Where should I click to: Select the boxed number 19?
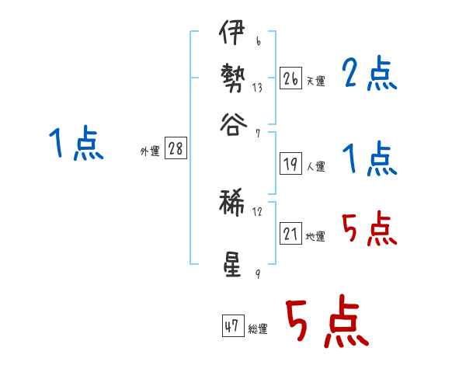290,164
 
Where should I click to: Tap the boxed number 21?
290,234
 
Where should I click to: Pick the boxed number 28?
176,149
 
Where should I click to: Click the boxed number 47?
231,326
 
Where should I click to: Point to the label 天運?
315,80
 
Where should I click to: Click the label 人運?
315,166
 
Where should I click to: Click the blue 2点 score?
369,75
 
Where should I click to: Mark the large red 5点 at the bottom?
325,322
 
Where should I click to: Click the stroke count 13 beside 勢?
257,88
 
